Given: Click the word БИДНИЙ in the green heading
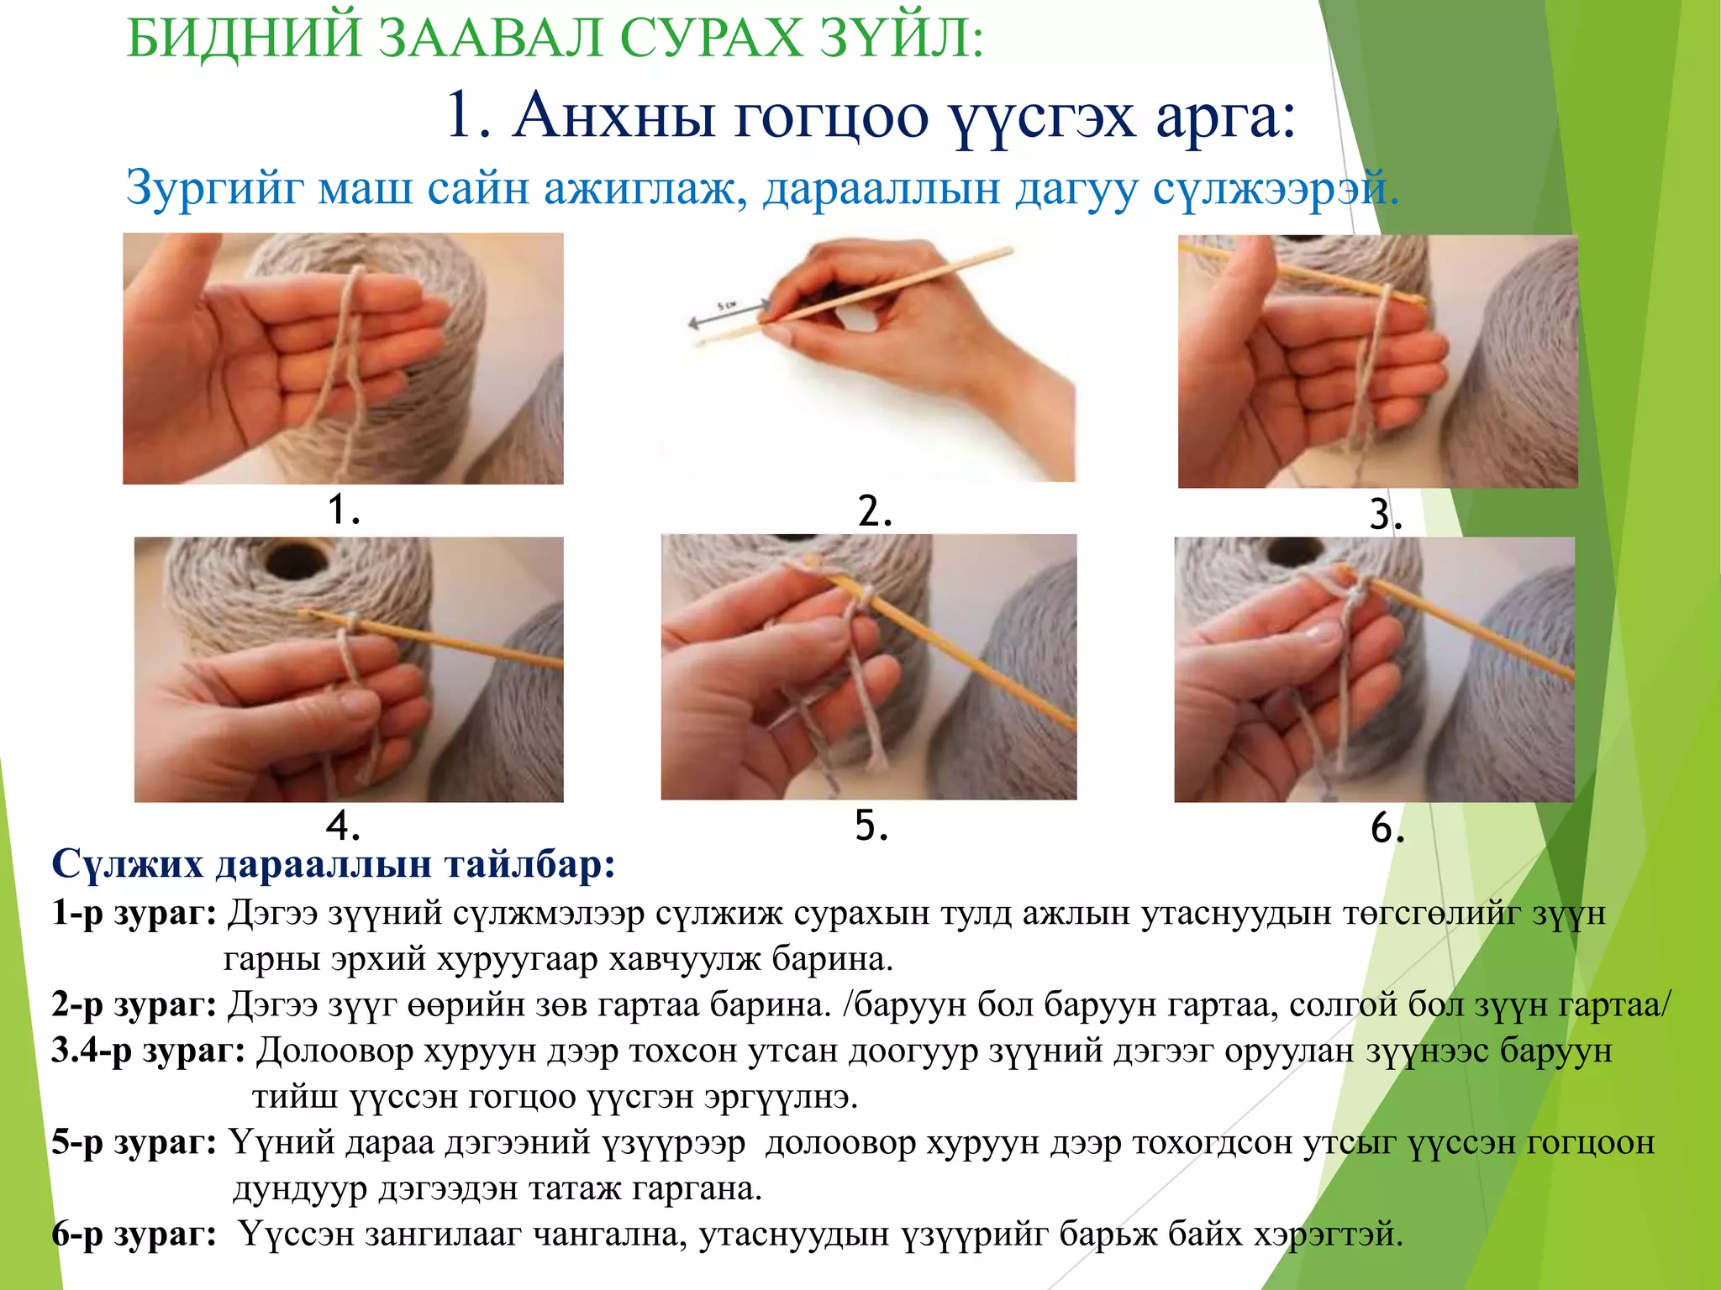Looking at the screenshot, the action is (x=245, y=39).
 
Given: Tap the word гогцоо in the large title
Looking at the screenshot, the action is (x=832, y=117).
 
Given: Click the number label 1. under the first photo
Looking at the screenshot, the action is (x=343, y=509).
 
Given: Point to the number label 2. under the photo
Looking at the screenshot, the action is (x=875, y=511).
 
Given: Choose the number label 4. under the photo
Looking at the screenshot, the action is (x=343, y=826).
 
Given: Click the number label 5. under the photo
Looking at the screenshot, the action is (x=871, y=826).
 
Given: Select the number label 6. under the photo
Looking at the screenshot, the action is (x=1387, y=828).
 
